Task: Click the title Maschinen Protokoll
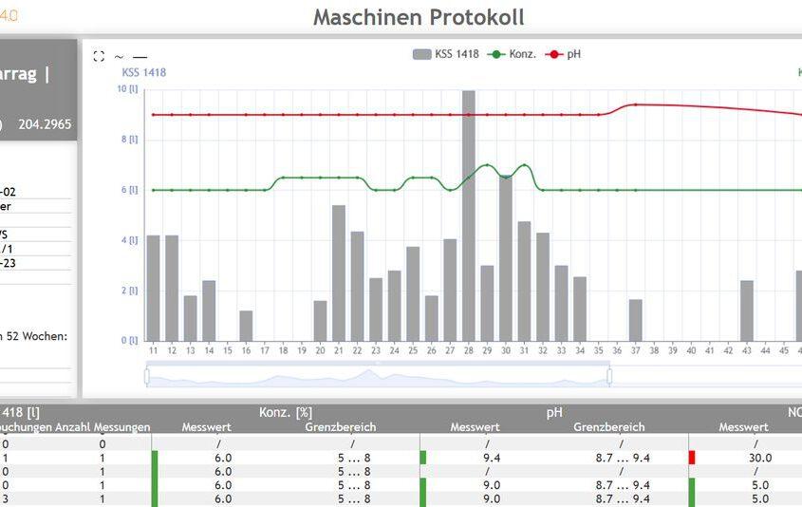tap(418, 17)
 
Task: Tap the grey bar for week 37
tap(636, 320)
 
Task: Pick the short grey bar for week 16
tap(246, 326)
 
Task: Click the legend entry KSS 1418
tap(445, 54)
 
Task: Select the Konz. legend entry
tap(512, 54)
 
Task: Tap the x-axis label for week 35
tap(599, 350)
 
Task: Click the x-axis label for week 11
tap(153, 350)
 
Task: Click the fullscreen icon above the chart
tap(99, 57)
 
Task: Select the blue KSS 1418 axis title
tap(143, 72)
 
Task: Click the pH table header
tap(554, 413)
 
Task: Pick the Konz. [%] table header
tap(286, 413)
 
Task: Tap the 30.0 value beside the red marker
tap(759, 457)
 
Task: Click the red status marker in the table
tap(692, 457)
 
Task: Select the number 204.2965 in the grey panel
tap(45, 124)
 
